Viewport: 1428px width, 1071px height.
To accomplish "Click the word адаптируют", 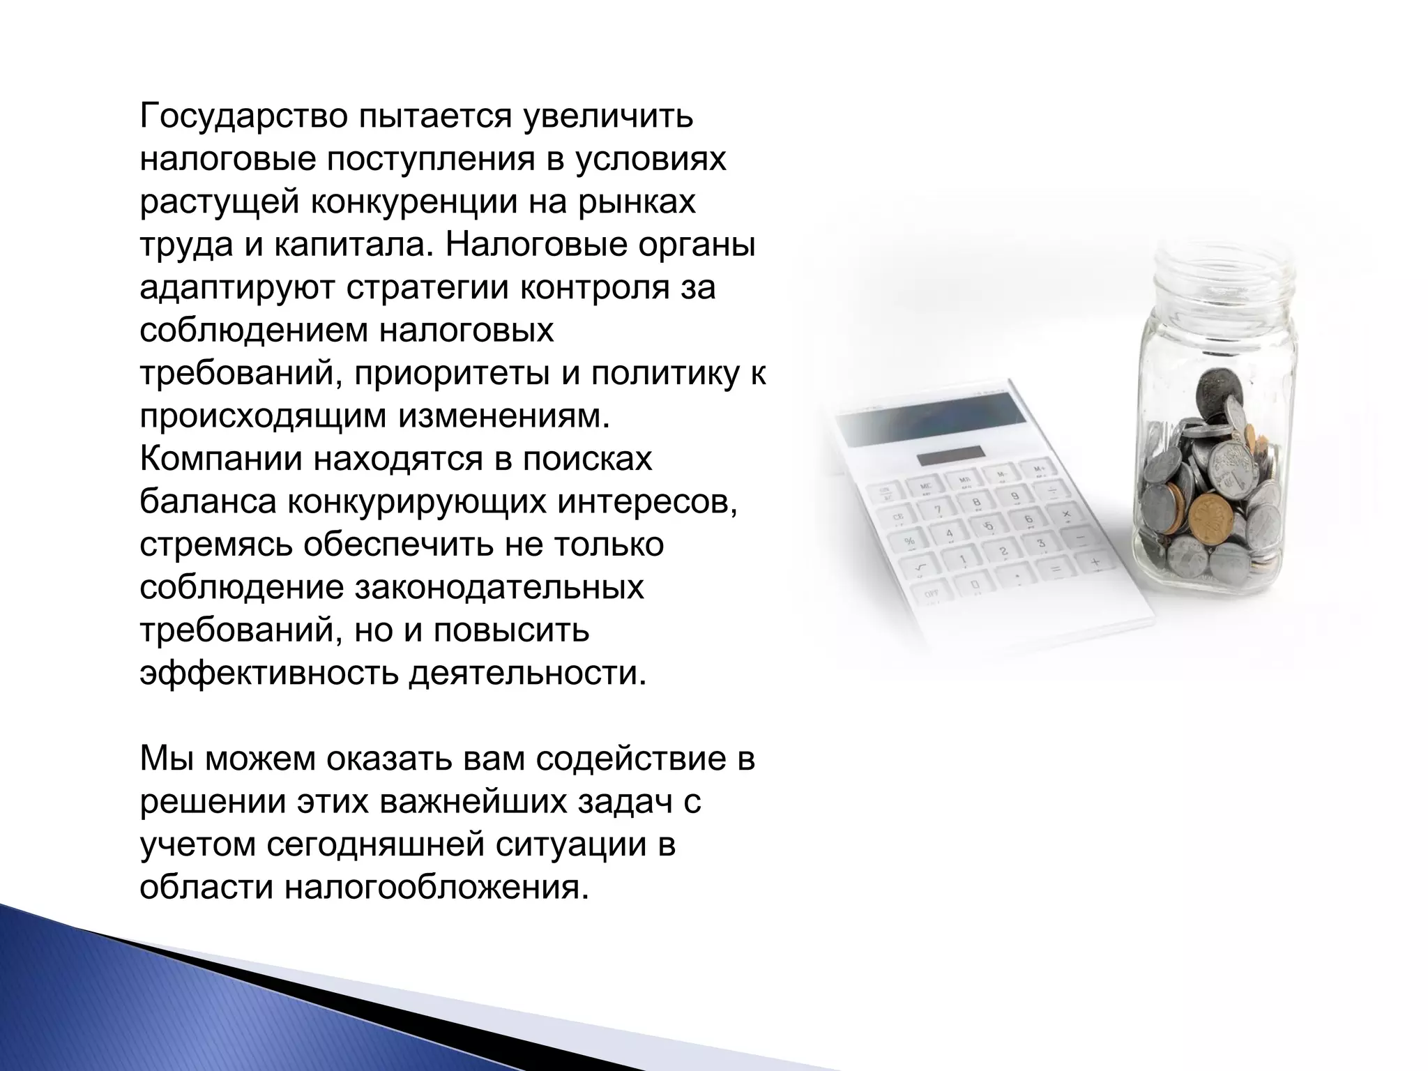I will tap(236, 288).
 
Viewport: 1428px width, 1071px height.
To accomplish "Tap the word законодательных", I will tap(499, 588).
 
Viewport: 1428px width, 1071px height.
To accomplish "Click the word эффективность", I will tap(268, 674).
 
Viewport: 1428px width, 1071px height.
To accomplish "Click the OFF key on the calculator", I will tap(932, 594).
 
